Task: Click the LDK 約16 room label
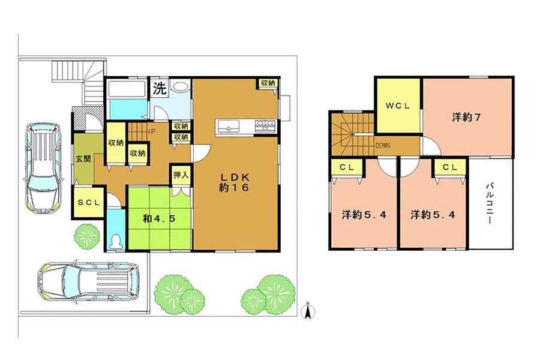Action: pos(234,182)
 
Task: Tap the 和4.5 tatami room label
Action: pos(159,218)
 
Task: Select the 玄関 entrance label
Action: pos(83,159)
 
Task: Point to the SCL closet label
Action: pos(89,203)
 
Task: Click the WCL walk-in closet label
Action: pos(398,106)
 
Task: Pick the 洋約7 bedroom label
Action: pos(466,118)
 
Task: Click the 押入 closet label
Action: pos(181,175)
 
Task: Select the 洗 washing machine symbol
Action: pos(160,88)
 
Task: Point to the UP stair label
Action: pos(152,131)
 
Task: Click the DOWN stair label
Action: pos(383,146)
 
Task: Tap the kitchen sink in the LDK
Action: pos(228,126)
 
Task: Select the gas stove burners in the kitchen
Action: pos(265,125)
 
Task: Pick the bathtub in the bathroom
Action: pos(127,89)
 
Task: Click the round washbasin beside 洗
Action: pos(180,86)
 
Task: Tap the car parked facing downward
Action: pos(43,167)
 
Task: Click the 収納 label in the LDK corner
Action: pos(268,83)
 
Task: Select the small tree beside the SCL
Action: pos(86,236)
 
